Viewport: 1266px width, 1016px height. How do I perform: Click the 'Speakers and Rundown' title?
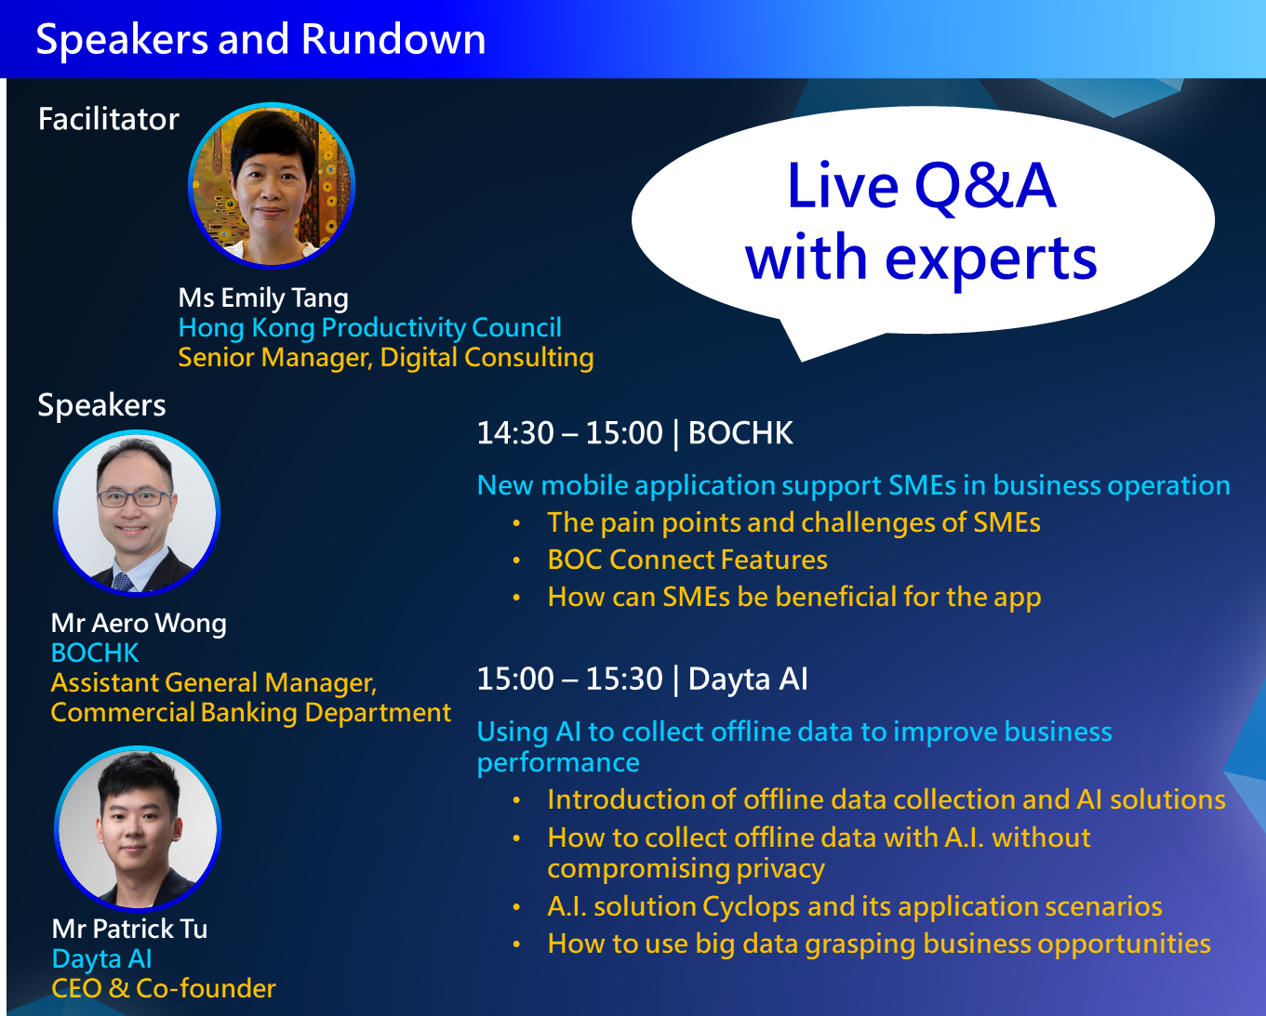point(260,40)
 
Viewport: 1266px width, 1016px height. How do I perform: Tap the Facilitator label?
point(108,119)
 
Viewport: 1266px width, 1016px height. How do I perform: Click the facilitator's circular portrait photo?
point(272,185)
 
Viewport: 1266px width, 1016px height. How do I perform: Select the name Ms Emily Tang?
point(263,297)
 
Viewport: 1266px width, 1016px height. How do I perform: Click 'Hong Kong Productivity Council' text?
point(370,327)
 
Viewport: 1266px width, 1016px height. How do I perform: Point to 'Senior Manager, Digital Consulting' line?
point(386,358)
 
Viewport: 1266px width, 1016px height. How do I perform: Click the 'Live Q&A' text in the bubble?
point(922,187)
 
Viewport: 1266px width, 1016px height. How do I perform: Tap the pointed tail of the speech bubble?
point(801,360)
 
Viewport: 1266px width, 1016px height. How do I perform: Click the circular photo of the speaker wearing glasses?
point(137,513)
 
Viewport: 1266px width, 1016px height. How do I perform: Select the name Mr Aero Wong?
point(139,623)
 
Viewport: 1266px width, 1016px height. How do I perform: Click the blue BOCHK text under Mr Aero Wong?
point(95,653)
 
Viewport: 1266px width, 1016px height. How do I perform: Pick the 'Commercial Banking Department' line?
point(250,713)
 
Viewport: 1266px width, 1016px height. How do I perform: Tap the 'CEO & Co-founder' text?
point(164,988)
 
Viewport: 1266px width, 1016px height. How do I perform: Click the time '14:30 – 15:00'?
point(569,433)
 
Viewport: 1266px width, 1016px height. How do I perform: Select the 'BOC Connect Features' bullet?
point(687,560)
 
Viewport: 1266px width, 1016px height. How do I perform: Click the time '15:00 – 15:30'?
point(569,680)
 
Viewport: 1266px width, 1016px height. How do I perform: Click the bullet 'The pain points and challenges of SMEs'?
point(793,522)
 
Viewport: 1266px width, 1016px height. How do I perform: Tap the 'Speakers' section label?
point(101,405)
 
